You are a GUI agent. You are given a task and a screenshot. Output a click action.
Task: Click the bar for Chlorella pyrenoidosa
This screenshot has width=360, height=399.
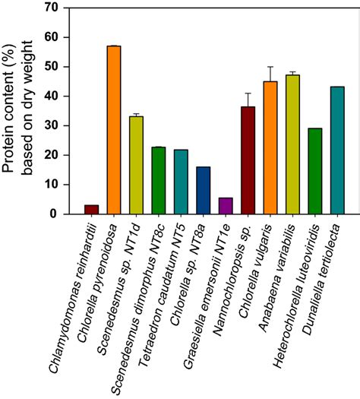pos(113,130)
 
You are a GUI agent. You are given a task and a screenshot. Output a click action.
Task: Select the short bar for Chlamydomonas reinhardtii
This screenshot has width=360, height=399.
pos(91,209)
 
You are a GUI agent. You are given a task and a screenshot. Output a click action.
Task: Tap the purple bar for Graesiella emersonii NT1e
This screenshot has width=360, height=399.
pos(226,206)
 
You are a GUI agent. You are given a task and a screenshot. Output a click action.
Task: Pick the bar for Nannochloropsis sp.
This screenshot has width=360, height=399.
pos(248,160)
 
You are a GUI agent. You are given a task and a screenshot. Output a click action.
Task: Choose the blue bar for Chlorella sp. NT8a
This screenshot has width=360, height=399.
pos(203,190)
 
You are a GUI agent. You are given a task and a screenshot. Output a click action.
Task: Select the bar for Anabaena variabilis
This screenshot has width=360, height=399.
pos(292,144)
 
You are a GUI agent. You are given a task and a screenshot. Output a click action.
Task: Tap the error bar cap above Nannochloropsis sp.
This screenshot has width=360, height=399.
pos(248,93)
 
